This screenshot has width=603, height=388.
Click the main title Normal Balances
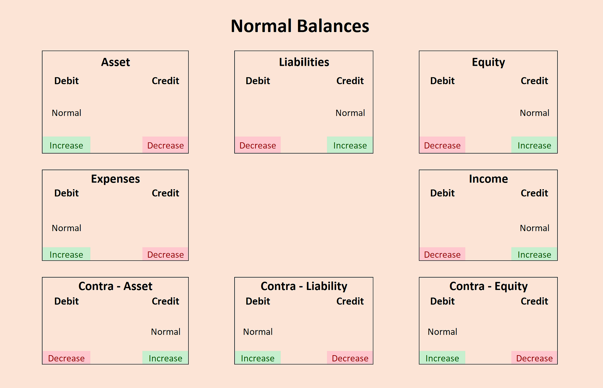tap(300, 26)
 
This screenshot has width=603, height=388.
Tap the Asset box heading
tap(115, 62)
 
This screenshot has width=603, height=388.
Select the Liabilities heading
tap(304, 62)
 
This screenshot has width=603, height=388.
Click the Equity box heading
tap(488, 62)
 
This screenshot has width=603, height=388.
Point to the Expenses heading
tap(115, 179)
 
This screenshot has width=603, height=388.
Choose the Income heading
tap(488, 179)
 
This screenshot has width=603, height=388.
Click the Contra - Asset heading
tap(115, 286)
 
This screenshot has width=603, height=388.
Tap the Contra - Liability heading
tap(304, 286)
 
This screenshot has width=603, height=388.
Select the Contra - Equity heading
tap(488, 286)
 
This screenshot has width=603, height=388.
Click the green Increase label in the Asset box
tap(66, 145)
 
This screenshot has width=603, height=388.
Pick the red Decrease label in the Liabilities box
tap(258, 145)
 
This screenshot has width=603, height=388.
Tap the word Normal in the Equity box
tap(535, 113)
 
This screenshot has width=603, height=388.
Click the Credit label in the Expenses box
tap(166, 193)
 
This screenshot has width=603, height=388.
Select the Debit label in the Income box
tap(442, 193)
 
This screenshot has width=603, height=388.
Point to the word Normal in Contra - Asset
tap(166, 332)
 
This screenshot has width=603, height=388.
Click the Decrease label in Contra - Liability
tap(350, 358)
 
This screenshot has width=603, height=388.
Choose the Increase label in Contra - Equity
tap(442, 358)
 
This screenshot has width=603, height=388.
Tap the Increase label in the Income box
tap(534, 255)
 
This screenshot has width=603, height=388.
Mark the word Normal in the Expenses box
tap(67, 228)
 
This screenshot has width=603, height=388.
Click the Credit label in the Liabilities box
tap(350, 81)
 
